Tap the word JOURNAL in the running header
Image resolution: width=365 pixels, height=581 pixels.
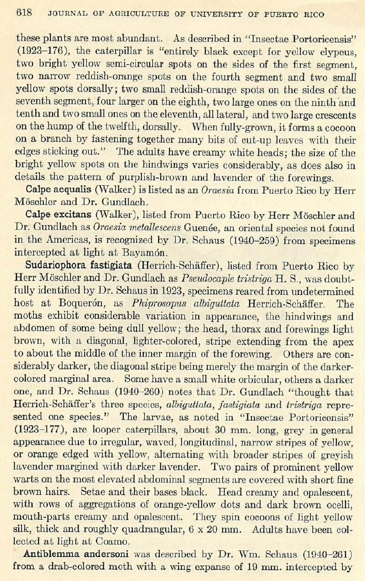coord(64,14)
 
